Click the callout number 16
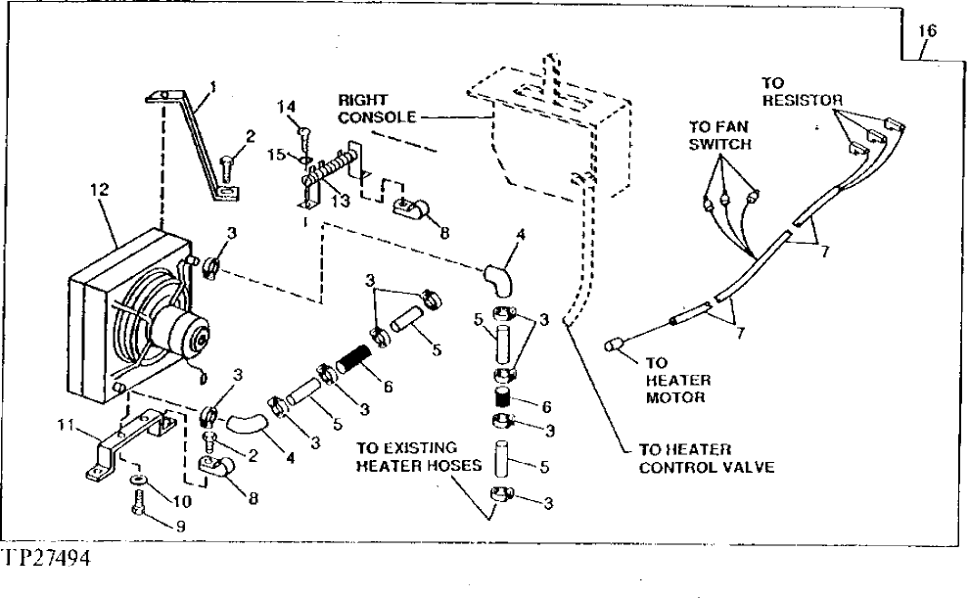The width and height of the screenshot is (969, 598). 927,31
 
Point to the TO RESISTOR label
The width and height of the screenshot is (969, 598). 802,92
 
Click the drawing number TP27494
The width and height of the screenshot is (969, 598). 51,558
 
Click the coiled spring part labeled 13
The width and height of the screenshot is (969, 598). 331,176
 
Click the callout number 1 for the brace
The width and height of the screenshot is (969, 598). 213,86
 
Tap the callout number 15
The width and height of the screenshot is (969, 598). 276,155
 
